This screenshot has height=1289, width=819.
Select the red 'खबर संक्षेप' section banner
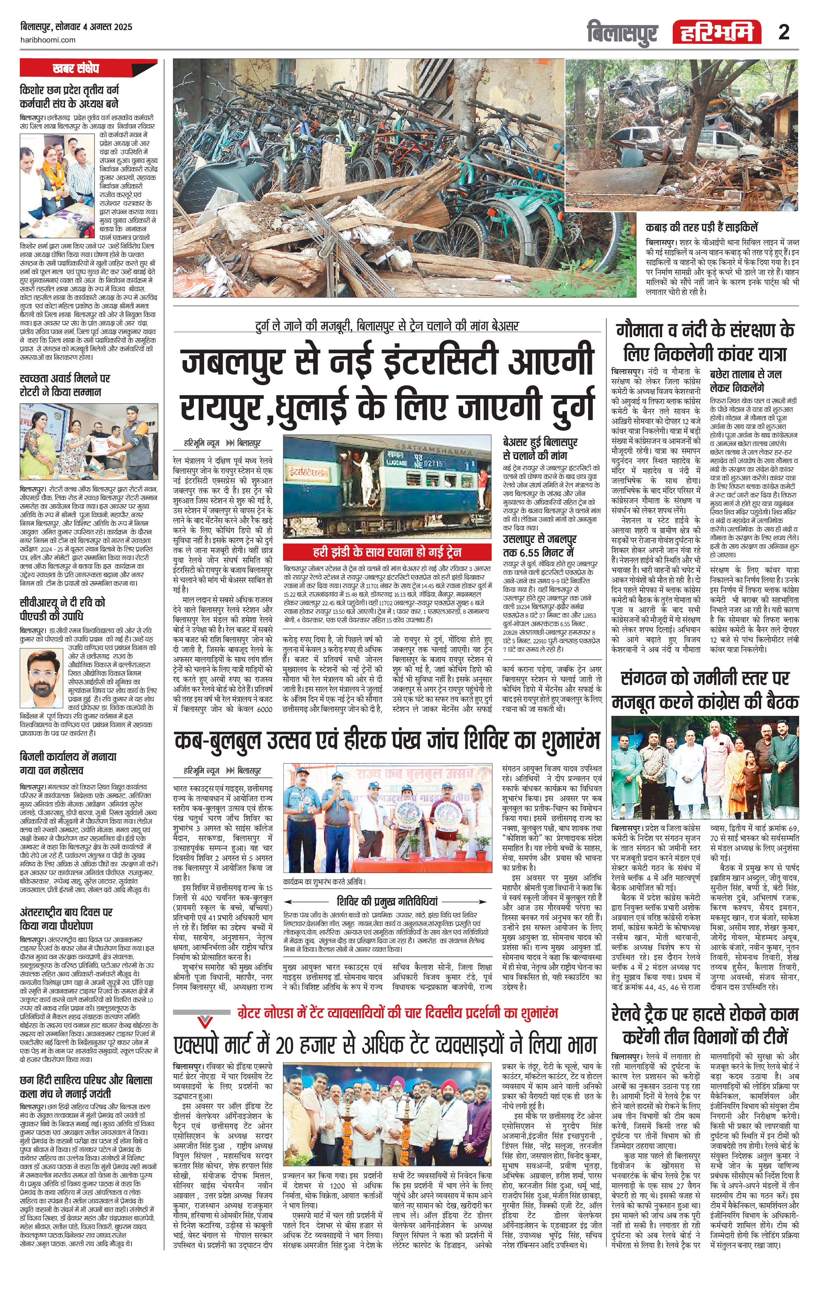tap(88, 68)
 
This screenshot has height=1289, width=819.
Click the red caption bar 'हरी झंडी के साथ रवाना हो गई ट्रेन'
tap(387, 552)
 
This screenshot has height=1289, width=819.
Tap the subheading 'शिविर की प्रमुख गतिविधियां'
tap(387, 900)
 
